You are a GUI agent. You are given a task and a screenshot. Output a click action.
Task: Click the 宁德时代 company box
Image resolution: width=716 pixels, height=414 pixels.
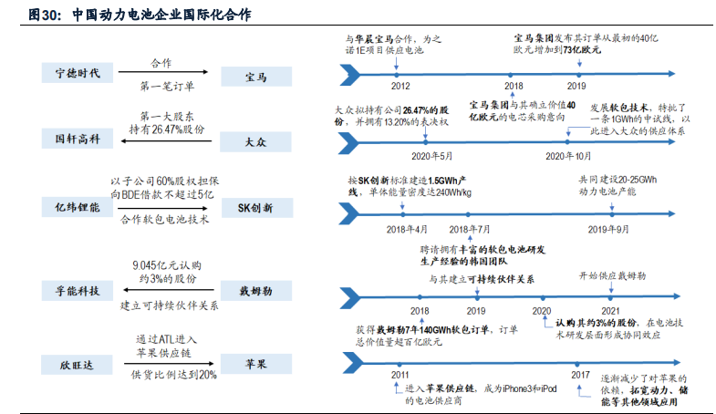(x=78, y=72)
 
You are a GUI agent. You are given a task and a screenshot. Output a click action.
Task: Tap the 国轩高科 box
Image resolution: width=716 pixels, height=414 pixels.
(x=78, y=139)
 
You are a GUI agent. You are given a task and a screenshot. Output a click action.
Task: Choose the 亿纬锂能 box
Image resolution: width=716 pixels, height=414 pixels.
(x=78, y=208)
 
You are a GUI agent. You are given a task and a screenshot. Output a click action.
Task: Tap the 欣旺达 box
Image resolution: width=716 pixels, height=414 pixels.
(x=78, y=365)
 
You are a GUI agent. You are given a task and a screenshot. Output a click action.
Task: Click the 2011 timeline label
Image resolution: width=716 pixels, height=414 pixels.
(x=400, y=375)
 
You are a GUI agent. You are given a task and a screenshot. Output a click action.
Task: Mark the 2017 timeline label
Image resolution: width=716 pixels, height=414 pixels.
(x=580, y=375)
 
